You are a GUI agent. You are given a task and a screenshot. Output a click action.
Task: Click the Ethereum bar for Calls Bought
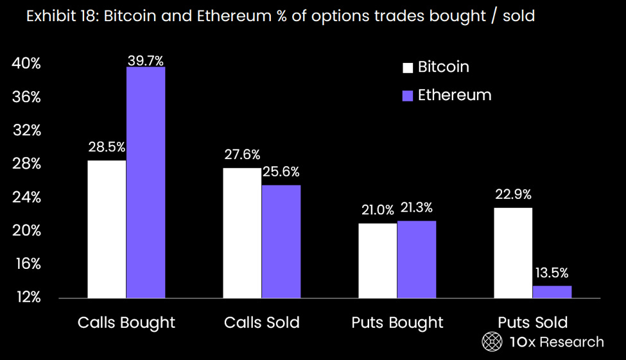click(146, 182)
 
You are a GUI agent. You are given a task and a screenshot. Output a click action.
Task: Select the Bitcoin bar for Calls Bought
click(107, 229)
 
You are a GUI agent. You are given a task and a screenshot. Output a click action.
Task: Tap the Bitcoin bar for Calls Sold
click(242, 233)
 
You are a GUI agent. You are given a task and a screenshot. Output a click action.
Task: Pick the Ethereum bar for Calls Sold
click(281, 241)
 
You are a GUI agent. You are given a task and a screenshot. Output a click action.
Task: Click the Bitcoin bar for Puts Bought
click(378, 261)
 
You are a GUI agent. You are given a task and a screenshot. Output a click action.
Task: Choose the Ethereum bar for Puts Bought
click(417, 259)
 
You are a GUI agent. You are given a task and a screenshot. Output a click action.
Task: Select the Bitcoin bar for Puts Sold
click(513, 253)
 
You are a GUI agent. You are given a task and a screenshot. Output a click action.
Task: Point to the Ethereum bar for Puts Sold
click(552, 292)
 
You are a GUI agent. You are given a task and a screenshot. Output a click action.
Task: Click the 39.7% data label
click(145, 61)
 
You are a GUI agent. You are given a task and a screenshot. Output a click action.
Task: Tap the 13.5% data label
click(552, 273)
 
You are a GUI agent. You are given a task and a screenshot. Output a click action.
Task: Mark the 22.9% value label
click(513, 194)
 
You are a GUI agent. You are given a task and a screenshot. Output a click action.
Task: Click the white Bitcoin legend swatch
click(408, 68)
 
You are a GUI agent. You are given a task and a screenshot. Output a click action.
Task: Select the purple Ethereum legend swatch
click(408, 96)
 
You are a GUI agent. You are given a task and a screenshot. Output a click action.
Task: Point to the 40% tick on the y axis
click(26, 64)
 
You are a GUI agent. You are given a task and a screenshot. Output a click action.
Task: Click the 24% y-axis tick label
click(26, 197)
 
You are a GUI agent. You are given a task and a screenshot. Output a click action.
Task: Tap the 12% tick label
click(28, 297)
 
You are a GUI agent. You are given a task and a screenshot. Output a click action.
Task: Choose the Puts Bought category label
click(397, 323)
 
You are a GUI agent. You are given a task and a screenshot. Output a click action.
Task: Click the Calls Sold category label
click(261, 323)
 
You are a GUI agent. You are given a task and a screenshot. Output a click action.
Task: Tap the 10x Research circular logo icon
click(492, 341)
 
